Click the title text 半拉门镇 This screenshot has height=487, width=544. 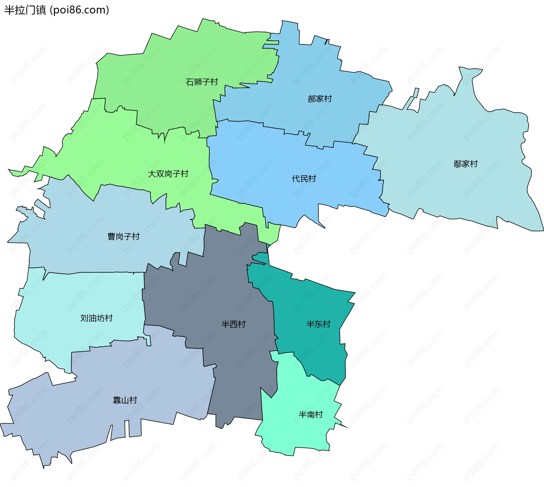click(25, 10)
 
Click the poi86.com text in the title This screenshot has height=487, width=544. click(79, 10)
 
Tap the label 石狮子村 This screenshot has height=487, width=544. click(202, 82)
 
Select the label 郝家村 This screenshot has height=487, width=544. click(320, 99)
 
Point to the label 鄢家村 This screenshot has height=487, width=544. click(466, 164)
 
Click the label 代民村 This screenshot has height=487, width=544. click(304, 179)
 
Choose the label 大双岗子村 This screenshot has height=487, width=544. click(168, 174)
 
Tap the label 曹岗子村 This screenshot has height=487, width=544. click(124, 236)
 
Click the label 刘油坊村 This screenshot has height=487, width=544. click(96, 318)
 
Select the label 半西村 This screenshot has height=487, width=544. click(233, 324)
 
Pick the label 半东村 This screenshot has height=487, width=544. click(318, 324)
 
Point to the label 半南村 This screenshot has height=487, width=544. click(311, 414)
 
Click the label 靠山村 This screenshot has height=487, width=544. click(125, 400)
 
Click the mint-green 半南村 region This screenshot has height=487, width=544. click(300, 433)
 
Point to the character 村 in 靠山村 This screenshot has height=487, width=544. click(133, 400)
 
